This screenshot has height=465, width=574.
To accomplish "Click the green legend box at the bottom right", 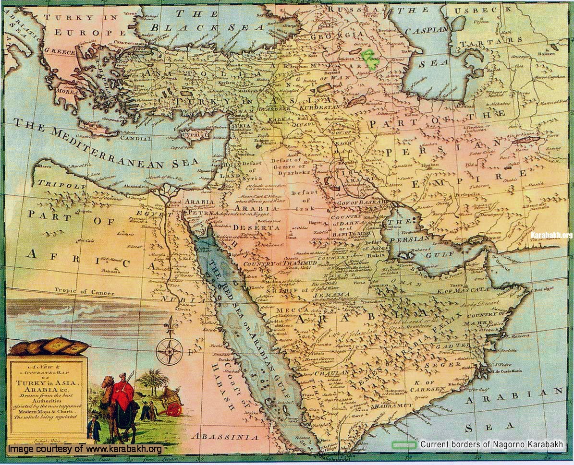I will [404, 445].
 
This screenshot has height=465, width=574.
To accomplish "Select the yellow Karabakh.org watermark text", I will [551, 235].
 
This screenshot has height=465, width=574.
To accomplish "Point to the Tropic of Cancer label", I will [85, 292].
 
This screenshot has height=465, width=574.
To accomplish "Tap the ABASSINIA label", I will [224, 437].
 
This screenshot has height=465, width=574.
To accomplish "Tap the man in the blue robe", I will [94, 429].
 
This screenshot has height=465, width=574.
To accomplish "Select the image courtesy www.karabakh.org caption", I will [85, 449].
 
